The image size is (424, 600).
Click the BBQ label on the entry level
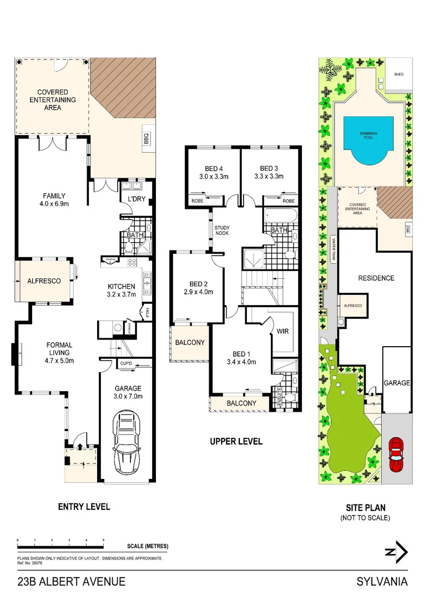click(x=147, y=137)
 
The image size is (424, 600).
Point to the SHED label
click(x=398, y=74)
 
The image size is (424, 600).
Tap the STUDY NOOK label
click(x=222, y=231)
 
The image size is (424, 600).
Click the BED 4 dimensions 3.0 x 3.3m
click(x=210, y=177)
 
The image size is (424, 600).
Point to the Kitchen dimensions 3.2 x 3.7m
click(x=122, y=295)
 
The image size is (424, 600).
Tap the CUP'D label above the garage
click(x=125, y=364)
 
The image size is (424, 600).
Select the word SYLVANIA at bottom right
click(x=382, y=582)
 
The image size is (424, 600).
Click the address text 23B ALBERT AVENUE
click(x=71, y=582)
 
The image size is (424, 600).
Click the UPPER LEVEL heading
click(x=236, y=442)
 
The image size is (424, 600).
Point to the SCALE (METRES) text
click(x=147, y=546)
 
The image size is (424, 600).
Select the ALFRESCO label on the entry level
click(x=44, y=281)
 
